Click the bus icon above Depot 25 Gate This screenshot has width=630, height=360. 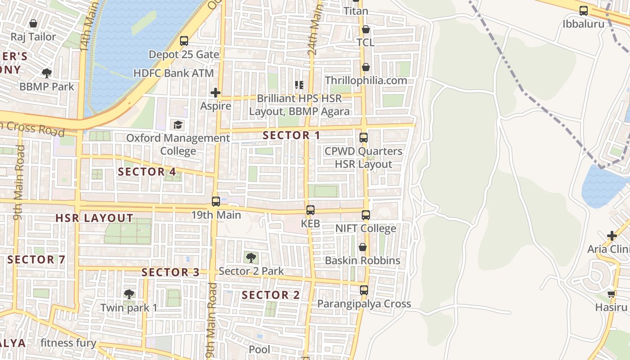[184, 41]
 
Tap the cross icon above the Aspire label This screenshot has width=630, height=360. [216, 93]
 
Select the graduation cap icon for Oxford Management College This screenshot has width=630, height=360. [178, 125]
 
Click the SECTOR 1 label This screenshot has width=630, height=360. [291, 135]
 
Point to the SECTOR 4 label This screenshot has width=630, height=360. [147, 171]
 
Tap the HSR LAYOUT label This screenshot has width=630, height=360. [94, 218]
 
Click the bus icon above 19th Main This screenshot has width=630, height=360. [216, 202]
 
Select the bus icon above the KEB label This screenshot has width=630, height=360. [310, 210]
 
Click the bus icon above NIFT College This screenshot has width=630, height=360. [366, 215]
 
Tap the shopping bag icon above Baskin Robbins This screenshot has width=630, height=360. [363, 247]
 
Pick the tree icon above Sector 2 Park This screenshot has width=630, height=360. [251, 258]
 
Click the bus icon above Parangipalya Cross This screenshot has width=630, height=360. [364, 290]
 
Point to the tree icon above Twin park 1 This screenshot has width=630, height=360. [129, 295]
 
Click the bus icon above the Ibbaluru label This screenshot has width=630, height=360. [584, 11]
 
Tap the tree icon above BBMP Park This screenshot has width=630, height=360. [46, 73]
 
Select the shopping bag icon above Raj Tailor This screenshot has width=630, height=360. [33, 23]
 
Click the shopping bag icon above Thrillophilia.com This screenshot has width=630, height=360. [366, 67]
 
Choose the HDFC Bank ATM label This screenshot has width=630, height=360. [174, 73]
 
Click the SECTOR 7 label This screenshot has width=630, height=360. [36, 260]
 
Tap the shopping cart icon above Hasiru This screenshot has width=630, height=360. [612, 294]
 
